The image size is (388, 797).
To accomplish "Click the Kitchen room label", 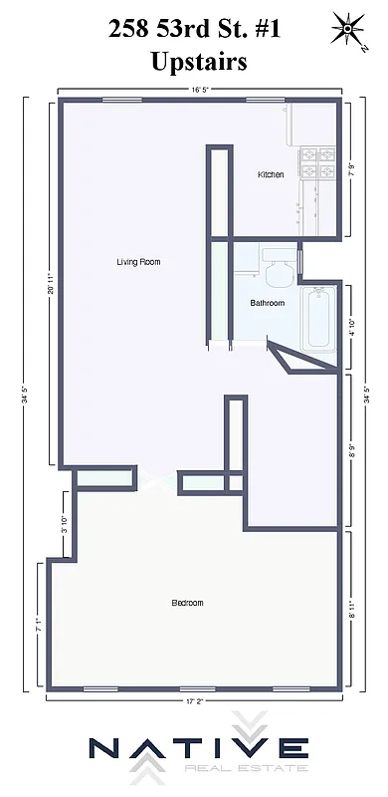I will click(271, 174).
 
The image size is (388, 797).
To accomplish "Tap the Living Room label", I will click(138, 262).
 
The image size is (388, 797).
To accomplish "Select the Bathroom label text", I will click(268, 303).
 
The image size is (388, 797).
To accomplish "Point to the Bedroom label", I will click(187, 603).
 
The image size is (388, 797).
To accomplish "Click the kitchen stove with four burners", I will click(318, 163).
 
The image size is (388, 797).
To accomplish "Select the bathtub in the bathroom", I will click(318, 318).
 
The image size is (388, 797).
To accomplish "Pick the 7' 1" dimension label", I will click(38, 625).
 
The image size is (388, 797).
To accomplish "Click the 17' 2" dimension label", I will click(195, 701).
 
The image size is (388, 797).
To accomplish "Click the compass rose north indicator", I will click(348, 28).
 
